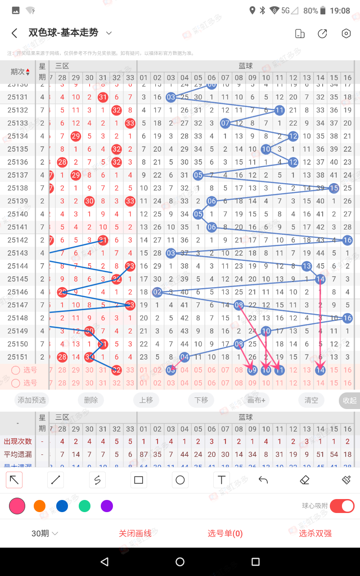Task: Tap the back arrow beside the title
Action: tap(14, 33)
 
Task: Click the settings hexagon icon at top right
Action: tap(346, 33)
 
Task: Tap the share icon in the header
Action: tap(322, 33)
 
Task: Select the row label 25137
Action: tap(18, 175)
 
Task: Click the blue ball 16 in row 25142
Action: tap(347, 240)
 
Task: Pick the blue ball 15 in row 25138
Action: tap(334, 188)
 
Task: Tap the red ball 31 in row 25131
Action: tap(103, 97)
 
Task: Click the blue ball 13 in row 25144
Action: tap(307, 266)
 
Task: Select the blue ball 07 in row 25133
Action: tap(225, 123)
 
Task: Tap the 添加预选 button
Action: tap(31, 400)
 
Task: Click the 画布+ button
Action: tap(256, 400)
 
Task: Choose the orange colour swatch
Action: tap(40, 506)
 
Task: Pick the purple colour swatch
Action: tap(107, 506)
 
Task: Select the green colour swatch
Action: tap(85, 506)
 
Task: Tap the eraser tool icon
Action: tap(305, 480)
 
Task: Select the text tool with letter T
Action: tap(221, 480)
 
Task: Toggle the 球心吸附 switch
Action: tap(342, 506)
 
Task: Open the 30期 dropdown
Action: tap(45, 534)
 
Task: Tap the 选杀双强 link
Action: tap(315, 534)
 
